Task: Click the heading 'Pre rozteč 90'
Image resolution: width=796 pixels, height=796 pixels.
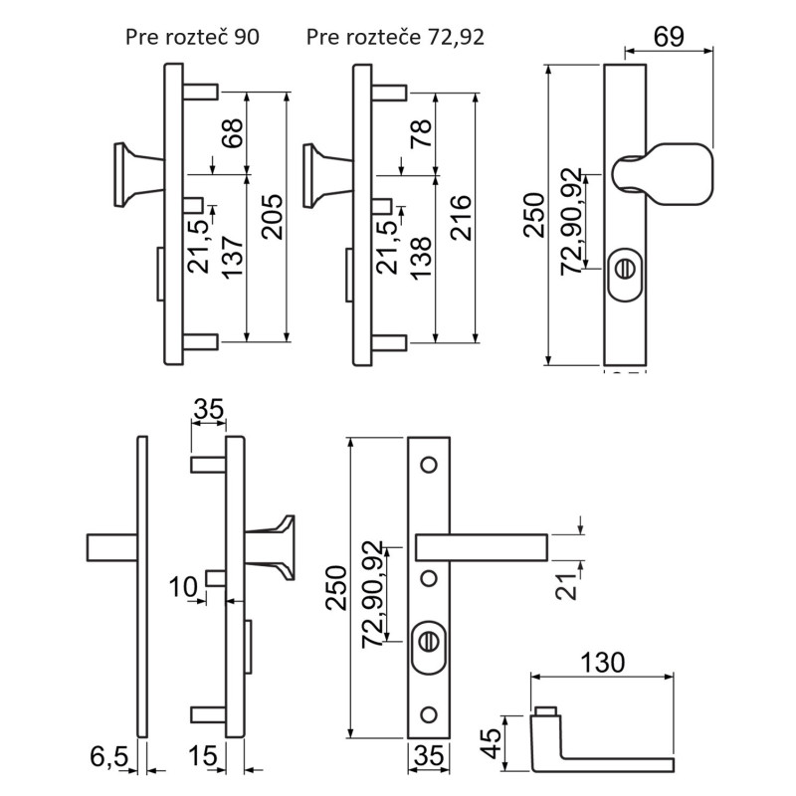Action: [192, 38]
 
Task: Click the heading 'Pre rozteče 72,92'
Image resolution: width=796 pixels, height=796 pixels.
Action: [395, 38]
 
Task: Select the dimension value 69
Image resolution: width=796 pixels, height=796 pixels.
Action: [669, 37]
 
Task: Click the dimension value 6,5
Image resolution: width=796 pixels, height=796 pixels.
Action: [110, 759]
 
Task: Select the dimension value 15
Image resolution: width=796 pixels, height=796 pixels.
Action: [202, 759]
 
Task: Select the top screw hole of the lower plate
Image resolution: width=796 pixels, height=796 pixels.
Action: [429, 465]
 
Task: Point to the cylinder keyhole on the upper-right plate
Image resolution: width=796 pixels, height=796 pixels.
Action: [626, 269]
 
